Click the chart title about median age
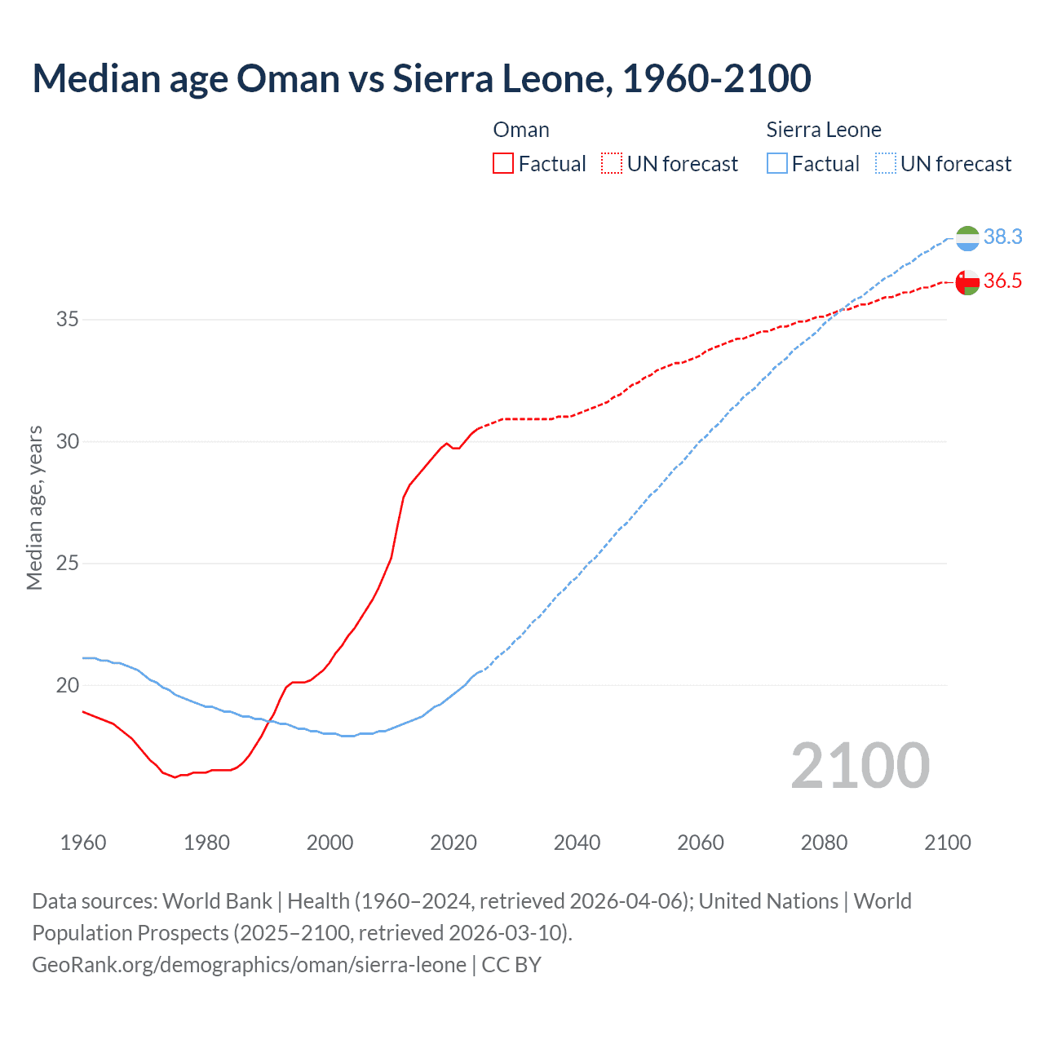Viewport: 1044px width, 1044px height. click(422, 78)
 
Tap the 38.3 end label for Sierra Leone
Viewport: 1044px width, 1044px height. click(1002, 237)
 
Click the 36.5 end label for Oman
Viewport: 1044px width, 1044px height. click(1002, 281)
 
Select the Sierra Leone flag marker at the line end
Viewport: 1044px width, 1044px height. click(967, 238)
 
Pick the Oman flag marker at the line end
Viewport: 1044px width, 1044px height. click(967, 282)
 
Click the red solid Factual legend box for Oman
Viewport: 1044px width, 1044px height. click(503, 164)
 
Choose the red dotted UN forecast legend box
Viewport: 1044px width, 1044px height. click(612, 164)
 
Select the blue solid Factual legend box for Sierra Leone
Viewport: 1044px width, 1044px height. click(777, 164)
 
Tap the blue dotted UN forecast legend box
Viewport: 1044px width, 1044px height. click(886, 164)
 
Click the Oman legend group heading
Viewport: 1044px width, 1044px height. click(521, 130)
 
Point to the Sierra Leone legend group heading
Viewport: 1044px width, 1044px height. click(824, 130)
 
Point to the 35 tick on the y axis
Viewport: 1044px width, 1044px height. click(68, 319)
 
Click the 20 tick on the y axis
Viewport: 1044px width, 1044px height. click(68, 685)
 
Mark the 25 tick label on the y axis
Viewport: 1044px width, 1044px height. click(68, 563)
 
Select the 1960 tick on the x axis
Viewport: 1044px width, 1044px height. click(83, 843)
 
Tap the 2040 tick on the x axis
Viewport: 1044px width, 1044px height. click(577, 843)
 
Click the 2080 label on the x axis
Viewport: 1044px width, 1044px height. click(824, 843)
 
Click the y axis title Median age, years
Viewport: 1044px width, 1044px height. click(34, 507)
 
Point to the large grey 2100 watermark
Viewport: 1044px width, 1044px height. click(860, 765)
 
